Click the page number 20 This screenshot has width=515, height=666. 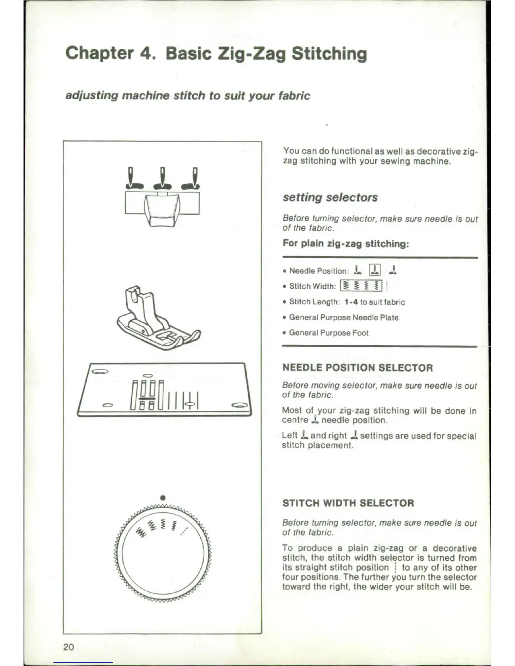(x=69, y=647)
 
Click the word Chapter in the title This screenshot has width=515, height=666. (x=99, y=54)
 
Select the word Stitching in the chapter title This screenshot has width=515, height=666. (x=329, y=54)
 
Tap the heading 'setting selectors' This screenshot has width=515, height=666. (x=330, y=197)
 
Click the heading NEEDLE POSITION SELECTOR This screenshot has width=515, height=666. (x=358, y=368)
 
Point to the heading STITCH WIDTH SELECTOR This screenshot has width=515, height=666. (x=348, y=503)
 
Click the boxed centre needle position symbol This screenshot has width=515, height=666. (x=374, y=270)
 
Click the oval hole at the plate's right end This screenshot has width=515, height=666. (x=240, y=405)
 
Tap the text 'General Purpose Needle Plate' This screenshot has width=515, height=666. (x=344, y=317)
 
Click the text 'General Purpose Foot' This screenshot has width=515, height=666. (x=329, y=333)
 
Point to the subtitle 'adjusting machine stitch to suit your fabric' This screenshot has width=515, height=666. (x=188, y=96)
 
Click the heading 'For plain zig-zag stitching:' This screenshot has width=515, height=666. (x=346, y=244)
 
